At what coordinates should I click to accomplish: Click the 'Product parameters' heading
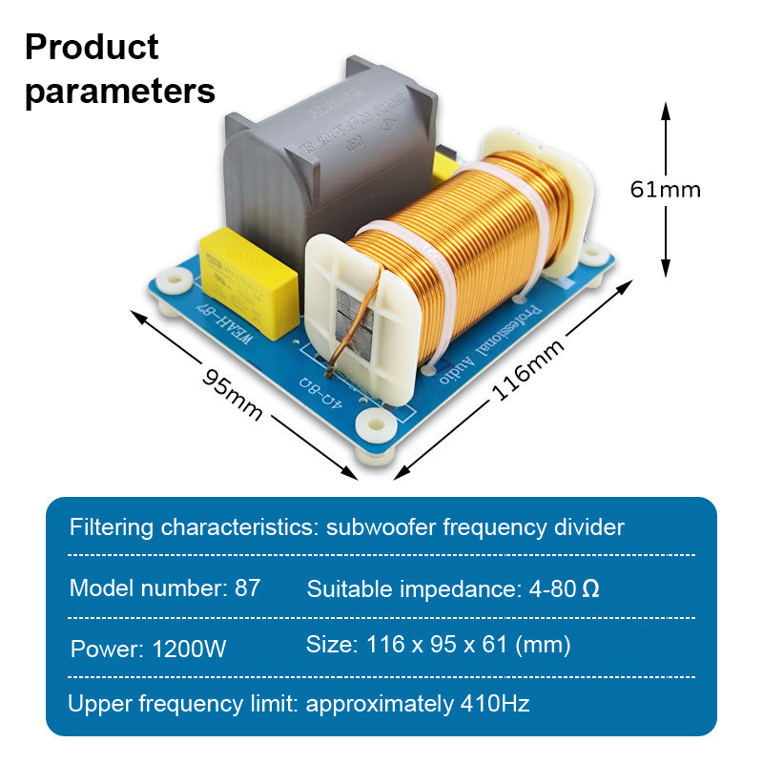point(119,69)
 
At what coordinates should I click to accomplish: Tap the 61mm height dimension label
point(665,189)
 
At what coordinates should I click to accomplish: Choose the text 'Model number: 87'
point(165,588)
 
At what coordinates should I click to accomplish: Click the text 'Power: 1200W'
point(149,650)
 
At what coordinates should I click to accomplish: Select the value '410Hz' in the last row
point(494,705)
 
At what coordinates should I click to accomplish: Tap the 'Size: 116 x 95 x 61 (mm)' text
point(438,645)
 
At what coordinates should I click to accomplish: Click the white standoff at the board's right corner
point(595,253)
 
